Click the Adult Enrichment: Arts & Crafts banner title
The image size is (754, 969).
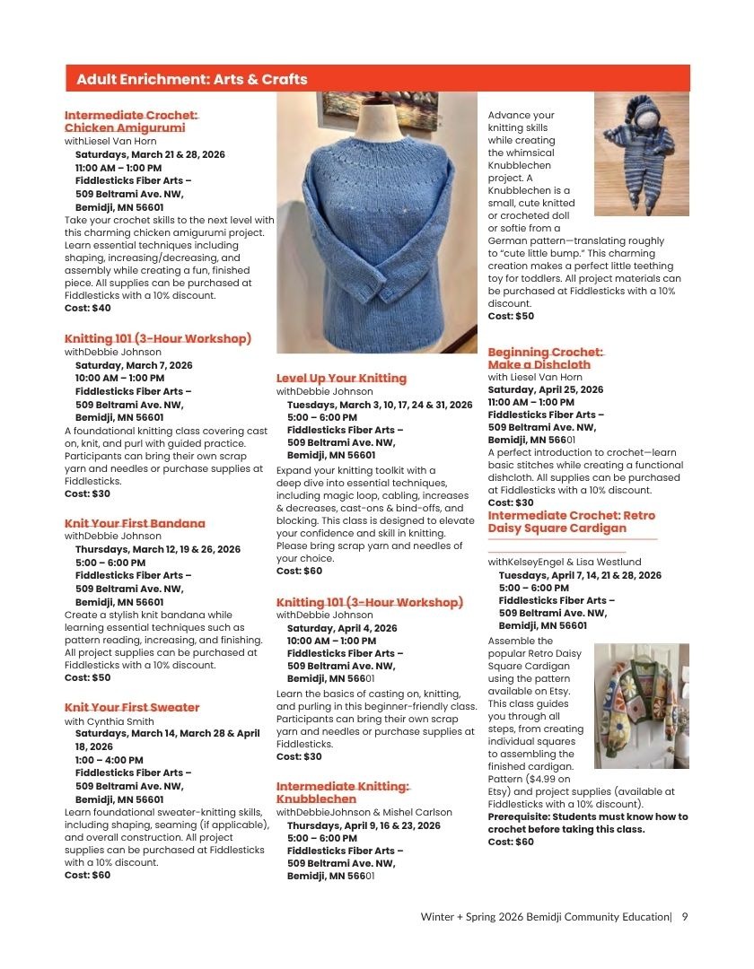192,80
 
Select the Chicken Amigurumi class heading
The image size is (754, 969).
130,122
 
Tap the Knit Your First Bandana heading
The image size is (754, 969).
135,523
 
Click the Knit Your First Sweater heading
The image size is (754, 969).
132,708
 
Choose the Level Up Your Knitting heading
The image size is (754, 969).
341,379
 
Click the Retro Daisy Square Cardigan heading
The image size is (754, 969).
571,521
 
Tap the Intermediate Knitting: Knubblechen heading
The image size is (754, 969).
342,792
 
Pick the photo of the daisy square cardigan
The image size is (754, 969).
641,705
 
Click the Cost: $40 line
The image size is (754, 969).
88,309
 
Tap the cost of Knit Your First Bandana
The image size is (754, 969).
88,678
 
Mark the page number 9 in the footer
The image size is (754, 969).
685,917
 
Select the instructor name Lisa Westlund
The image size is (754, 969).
616,562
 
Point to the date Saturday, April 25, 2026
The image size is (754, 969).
546,390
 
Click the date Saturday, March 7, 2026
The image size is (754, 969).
134,366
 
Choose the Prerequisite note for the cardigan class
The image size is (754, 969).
587,823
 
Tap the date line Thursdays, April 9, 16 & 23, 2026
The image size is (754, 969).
364,825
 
